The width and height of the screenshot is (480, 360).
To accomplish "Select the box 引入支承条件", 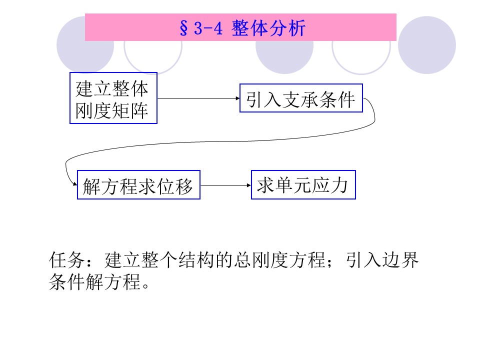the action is point(300,99).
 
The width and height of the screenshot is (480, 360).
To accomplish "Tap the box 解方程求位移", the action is point(138,185).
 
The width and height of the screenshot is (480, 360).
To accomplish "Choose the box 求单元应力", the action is point(303,185).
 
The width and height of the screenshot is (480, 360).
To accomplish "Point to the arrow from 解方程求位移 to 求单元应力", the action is point(225,185).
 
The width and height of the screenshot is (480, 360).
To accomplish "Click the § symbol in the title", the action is point(182,28).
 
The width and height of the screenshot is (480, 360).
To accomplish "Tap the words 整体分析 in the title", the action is point(268,28).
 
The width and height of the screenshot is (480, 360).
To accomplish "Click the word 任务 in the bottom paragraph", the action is point(68,260).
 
